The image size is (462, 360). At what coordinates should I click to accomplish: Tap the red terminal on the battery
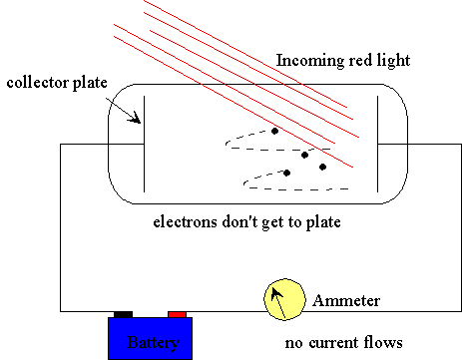pos(177,314)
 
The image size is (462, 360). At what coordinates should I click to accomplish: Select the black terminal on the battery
pos(124,314)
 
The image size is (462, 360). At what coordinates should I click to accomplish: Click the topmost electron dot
pos(275,130)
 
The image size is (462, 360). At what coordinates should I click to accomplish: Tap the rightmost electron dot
pos(322,167)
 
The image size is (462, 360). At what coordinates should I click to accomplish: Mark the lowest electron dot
pos(287,173)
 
